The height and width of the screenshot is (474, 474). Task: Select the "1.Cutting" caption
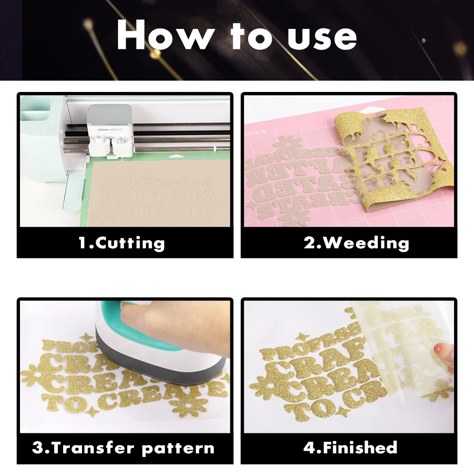point(121,243)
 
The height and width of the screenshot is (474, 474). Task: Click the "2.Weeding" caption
point(356,243)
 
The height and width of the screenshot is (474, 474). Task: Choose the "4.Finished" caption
point(350,447)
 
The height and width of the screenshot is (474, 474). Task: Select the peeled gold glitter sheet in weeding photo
point(398,156)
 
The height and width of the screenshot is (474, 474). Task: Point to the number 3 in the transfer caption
point(38,447)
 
